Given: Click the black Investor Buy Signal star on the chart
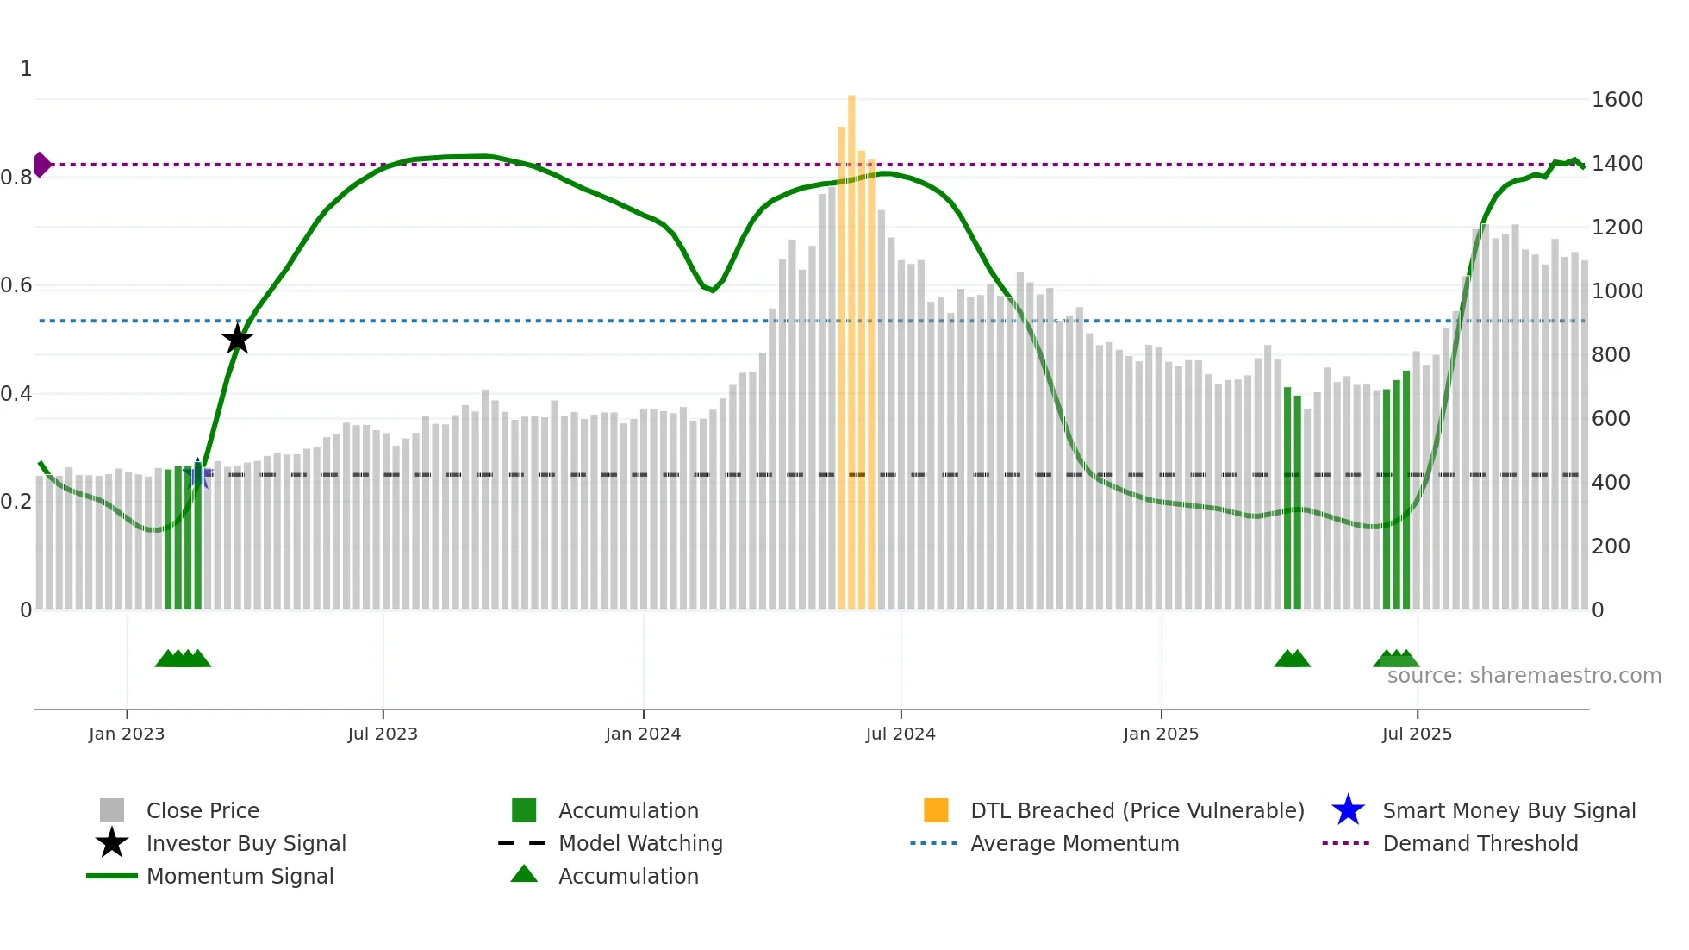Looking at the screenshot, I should [237, 339].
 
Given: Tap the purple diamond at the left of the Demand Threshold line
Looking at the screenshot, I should [41, 164].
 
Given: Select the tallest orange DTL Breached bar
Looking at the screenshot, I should [851, 345].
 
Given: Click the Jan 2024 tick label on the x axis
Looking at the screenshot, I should [643, 734].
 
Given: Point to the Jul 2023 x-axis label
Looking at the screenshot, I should [383, 734].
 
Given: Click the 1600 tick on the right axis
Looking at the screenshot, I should [1617, 100].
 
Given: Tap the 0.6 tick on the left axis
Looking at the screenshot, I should [17, 285].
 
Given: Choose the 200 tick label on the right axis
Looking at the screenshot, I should [1610, 547].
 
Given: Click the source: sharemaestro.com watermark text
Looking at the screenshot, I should [1524, 676].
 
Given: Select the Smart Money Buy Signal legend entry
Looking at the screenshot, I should [1508, 811].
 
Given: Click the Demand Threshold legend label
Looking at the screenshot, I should [1480, 844].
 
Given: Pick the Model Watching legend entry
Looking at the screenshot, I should [639, 844].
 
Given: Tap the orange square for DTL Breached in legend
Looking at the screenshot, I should [936, 810].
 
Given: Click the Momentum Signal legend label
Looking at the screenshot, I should [240, 877].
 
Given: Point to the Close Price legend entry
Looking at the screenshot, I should [202, 811].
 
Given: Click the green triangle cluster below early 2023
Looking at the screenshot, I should [183, 659].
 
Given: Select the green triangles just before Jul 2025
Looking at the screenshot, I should [1396, 659].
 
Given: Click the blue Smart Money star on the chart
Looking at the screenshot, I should [197, 472].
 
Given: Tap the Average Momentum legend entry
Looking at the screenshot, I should [1074, 844].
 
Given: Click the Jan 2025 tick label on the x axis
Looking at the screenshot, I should [1161, 734].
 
